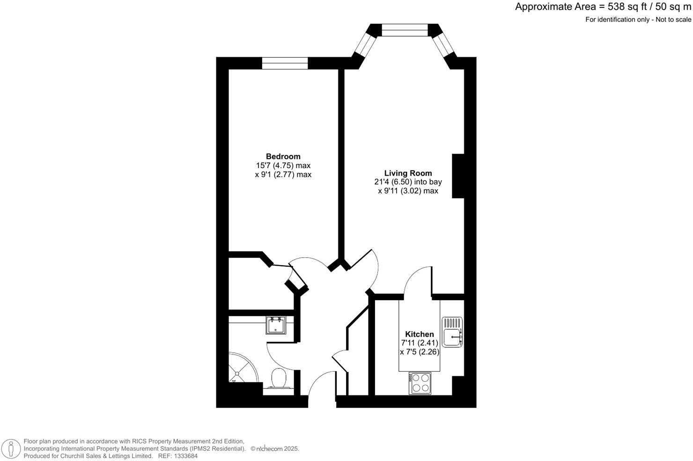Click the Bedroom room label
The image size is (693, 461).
(283, 156)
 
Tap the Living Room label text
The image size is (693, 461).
(408, 173)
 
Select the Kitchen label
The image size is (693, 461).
(419, 334)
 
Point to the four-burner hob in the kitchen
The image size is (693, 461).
(420, 383)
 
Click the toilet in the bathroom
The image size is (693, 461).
(280, 378)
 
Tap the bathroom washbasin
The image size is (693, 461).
(276, 325)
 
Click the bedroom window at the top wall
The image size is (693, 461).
(285, 63)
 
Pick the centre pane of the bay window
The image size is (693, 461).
(405, 30)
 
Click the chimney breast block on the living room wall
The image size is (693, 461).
(458, 176)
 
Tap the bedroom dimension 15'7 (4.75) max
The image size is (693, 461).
(283, 165)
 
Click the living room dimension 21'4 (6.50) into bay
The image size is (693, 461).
(410, 182)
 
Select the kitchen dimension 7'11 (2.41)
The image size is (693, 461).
(419, 343)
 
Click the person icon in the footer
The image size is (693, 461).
(11, 448)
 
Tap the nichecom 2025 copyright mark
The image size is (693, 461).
(275, 449)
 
